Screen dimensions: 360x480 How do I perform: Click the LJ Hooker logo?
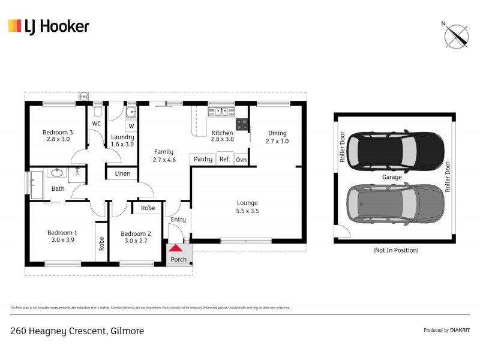point(49,26)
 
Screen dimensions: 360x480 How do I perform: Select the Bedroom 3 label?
point(58,136)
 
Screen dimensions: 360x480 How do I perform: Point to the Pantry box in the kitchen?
point(202,159)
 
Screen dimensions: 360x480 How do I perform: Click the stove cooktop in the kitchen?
point(242,125)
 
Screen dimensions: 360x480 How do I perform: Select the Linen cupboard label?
point(122,174)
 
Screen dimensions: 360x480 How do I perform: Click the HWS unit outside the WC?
point(84,97)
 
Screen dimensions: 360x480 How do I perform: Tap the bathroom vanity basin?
point(58,173)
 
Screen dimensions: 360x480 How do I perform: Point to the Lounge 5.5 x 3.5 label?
point(247,207)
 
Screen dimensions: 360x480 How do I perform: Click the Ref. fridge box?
point(224,159)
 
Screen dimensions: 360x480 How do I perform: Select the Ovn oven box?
point(241,159)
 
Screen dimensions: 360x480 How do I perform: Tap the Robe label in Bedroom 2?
point(148,208)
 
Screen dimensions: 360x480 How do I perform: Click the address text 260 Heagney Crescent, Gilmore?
point(77,331)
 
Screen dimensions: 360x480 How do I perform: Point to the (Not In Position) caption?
point(395,250)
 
